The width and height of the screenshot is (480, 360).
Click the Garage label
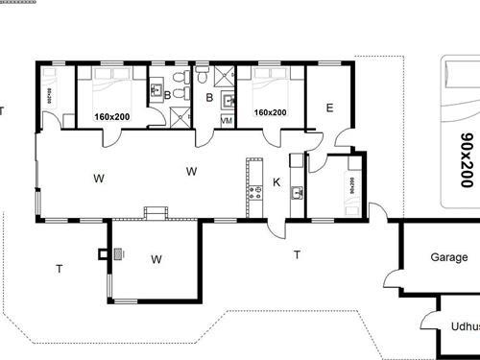448,258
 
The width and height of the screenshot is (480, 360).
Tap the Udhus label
459,326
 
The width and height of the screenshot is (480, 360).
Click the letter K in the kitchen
276,182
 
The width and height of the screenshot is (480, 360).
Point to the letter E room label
329,108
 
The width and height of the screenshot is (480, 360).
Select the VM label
227,121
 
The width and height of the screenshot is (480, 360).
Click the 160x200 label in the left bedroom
112,116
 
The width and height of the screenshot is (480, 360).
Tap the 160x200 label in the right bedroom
270,113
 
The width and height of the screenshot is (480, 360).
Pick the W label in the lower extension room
156,258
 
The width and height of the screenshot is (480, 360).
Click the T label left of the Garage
297,254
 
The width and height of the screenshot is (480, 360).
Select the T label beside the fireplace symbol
59,269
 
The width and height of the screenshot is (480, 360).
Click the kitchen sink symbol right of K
298,193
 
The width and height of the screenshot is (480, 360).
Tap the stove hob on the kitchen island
254,193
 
